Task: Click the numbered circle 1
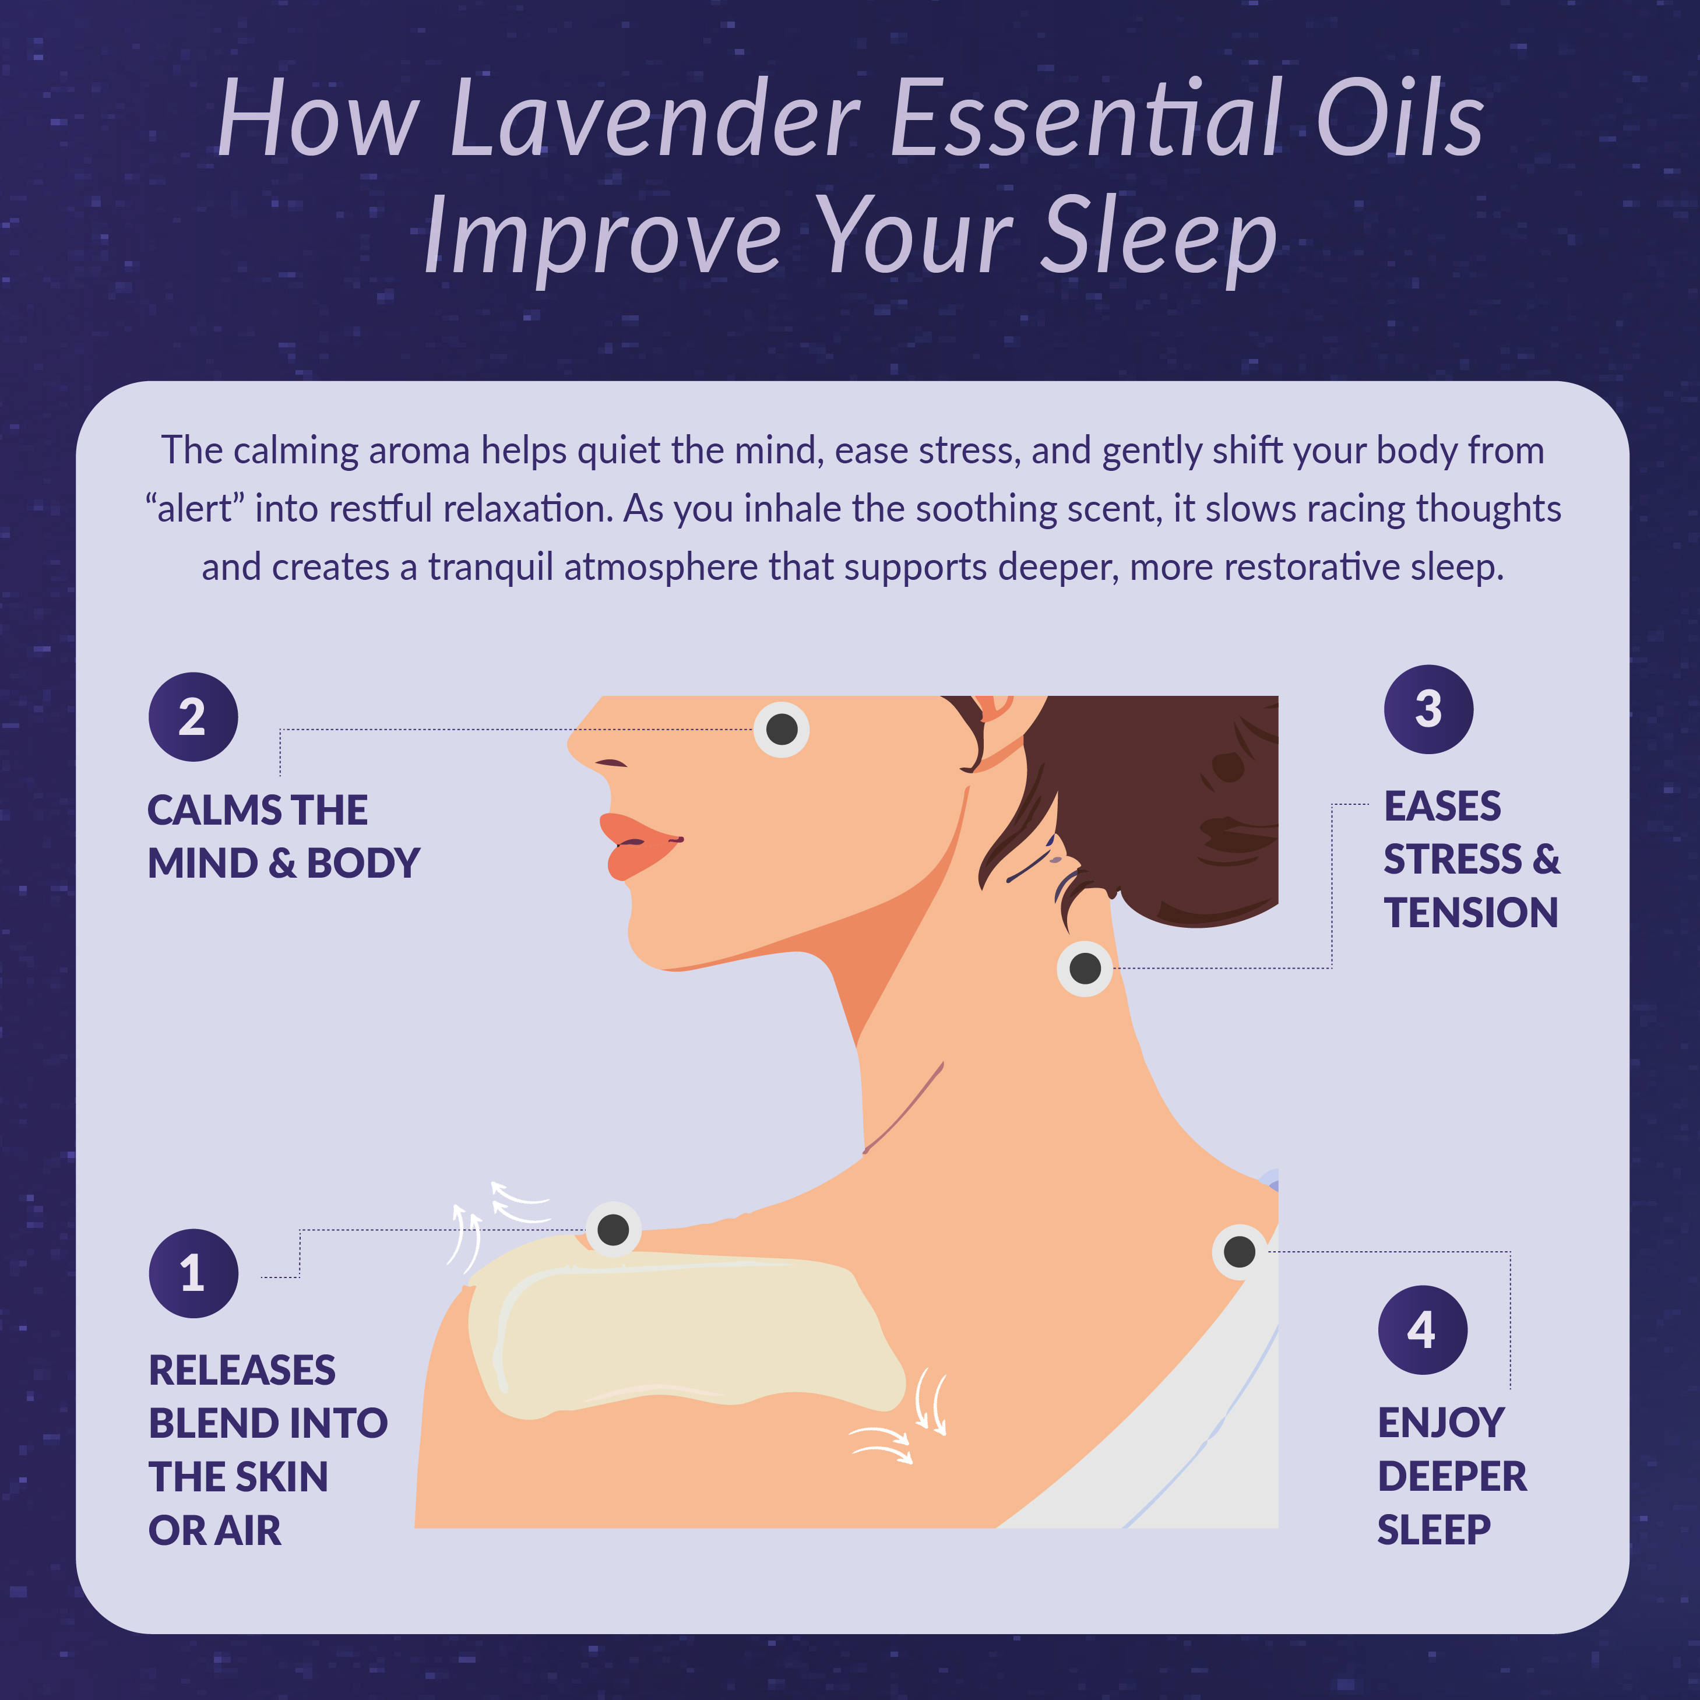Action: tap(193, 1273)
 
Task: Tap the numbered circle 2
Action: tap(193, 716)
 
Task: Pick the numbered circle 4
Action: tap(1422, 1329)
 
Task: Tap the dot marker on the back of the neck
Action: tap(1084, 968)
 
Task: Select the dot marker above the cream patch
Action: tap(613, 1229)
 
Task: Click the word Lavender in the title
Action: tap(653, 119)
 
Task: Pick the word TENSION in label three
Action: tap(1470, 913)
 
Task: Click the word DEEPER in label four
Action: tap(1452, 1477)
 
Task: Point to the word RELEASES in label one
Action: tap(242, 1370)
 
